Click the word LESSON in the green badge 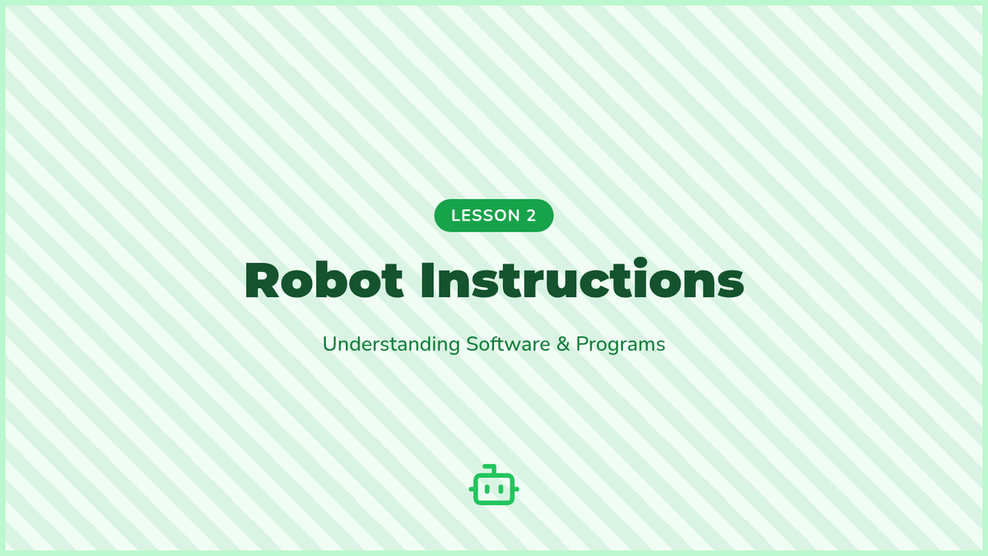[485, 215]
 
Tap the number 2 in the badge [531, 215]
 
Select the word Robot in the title [324, 279]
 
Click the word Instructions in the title [582, 278]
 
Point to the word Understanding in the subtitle [391, 343]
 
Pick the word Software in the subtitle [508, 343]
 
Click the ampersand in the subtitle [563, 344]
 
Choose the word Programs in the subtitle [621, 344]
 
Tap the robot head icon [494, 484]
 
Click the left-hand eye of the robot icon [487, 489]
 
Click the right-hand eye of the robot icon [501, 489]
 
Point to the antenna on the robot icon [491, 469]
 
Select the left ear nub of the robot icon [471, 489]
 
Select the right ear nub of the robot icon [516, 489]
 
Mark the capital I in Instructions [426, 281]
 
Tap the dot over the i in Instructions [641, 264]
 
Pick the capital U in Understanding [329, 344]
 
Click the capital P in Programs [581, 344]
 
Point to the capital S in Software [472, 344]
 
